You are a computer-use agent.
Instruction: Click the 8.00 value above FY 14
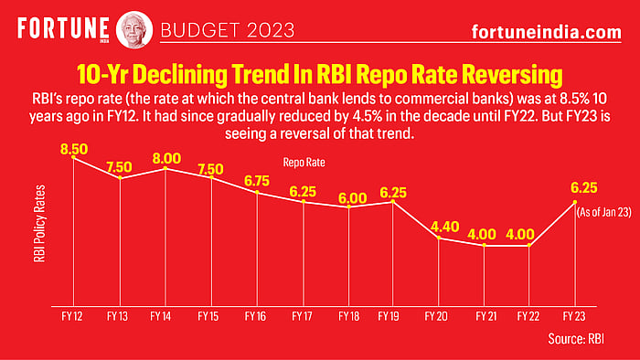tap(165, 157)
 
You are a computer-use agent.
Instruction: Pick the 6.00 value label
tap(348, 195)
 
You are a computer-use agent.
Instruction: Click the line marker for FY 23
tap(574, 202)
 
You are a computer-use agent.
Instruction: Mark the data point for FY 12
tap(74, 159)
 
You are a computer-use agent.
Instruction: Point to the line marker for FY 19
tap(393, 202)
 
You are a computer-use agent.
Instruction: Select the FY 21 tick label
tap(484, 317)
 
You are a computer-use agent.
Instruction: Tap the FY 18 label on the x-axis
tap(348, 317)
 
